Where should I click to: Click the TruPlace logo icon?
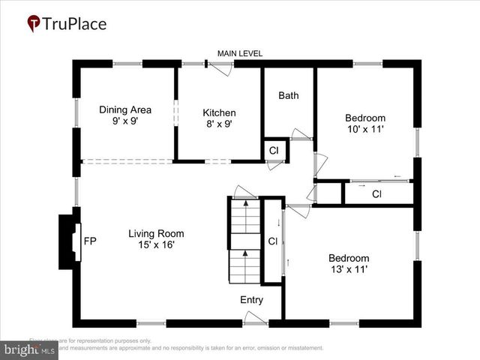34,23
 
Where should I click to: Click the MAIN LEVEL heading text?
240,53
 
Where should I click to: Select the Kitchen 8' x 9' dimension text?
219,124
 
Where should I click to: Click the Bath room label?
289,95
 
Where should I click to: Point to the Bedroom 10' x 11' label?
365,123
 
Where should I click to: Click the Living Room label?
155,238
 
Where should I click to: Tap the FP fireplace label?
90,241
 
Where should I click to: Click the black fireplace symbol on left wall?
69,241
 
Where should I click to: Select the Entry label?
251,300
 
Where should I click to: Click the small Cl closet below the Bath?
274,150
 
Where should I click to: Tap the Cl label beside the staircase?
273,241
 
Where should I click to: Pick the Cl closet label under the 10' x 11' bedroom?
377,194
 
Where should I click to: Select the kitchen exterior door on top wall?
220,67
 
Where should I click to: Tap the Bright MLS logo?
30,349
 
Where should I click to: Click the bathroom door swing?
301,135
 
